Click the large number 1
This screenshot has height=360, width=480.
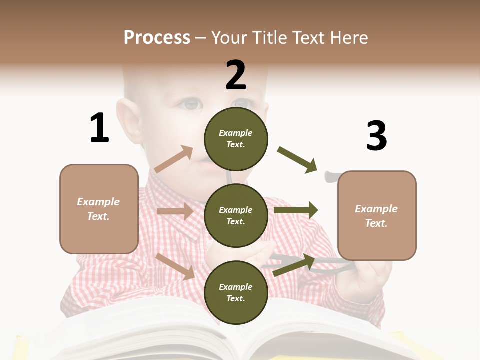99,128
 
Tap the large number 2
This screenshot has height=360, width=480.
236,75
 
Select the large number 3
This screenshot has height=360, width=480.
376,136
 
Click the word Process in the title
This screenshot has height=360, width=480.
157,38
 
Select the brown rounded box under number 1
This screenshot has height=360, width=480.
99,209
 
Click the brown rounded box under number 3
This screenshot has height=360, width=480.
377,215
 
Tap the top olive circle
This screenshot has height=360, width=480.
236,138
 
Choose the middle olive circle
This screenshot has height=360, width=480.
236,215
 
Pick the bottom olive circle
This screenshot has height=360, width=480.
236,292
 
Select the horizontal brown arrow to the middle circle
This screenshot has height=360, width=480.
175,211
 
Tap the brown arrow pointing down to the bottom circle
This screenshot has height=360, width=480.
175,266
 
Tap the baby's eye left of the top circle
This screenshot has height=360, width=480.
191,104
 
